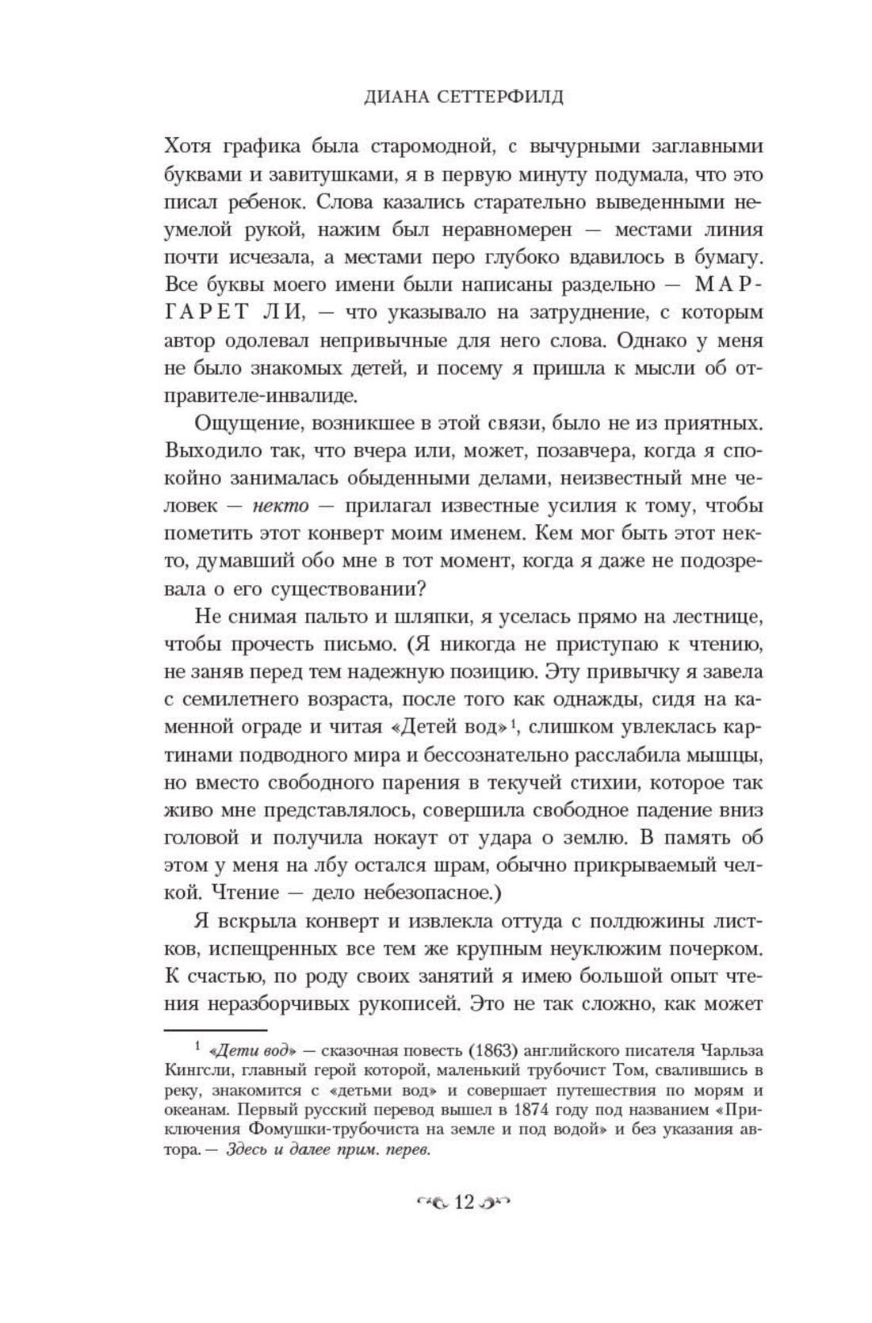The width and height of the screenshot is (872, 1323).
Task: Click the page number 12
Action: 463,1203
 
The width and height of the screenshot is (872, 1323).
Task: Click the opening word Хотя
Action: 187,147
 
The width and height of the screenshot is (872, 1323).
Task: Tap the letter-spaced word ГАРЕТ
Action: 206,312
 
